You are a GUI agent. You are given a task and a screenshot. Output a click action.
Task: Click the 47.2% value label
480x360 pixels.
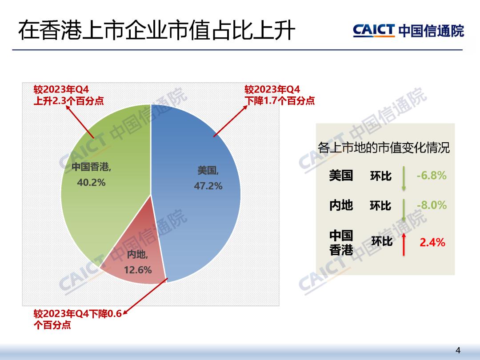[208, 186]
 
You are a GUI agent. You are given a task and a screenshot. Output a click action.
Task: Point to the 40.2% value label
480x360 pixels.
[91, 183]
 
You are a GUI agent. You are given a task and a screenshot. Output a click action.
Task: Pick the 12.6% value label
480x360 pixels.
[138, 270]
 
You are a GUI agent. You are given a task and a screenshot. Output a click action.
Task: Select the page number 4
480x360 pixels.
[458, 350]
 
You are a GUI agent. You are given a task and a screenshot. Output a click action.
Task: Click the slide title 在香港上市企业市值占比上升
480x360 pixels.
[156, 31]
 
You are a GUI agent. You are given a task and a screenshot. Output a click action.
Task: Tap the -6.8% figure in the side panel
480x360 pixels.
[431, 176]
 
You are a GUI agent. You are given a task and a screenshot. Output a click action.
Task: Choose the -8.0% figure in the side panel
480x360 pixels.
[432, 205]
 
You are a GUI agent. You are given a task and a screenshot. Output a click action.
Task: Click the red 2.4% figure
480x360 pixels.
[432, 242]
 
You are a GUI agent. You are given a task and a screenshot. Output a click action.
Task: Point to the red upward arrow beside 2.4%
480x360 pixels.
[404, 244]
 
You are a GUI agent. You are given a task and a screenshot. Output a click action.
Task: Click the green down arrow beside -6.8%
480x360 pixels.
[404, 178]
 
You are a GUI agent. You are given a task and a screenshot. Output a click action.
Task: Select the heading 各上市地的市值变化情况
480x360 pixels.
[384, 148]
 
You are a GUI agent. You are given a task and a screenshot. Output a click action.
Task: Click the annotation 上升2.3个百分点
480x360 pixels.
[68, 101]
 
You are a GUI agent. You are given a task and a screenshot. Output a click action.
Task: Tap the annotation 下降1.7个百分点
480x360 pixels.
[280, 101]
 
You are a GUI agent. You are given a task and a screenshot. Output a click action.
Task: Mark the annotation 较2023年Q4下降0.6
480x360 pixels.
[78, 313]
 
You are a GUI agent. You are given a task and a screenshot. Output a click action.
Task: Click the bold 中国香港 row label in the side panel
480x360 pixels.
[341, 243]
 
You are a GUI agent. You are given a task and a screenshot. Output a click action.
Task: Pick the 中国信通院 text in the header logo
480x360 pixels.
[431, 31]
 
